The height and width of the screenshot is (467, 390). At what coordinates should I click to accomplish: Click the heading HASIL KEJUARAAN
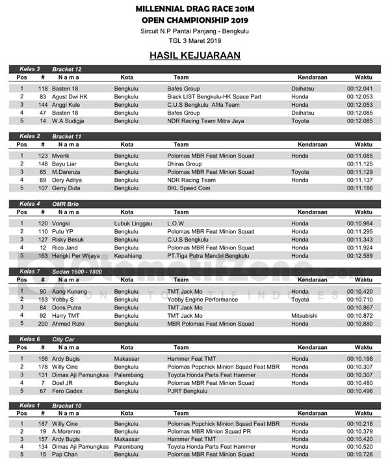coord(194,55)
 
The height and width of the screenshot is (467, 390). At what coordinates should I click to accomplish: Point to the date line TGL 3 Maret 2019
coord(194,40)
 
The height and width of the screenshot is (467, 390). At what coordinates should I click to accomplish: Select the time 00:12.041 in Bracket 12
coord(359,89)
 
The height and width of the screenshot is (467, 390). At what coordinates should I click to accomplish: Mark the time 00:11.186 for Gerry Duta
coord(359,188)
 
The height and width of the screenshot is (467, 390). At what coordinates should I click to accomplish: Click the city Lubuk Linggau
coord(133,223)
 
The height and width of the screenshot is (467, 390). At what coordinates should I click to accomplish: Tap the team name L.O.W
coord(176,223)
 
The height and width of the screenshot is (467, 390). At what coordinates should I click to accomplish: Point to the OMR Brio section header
coord(66,204)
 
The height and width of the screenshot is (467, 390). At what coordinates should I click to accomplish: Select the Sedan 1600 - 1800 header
coord(78,271)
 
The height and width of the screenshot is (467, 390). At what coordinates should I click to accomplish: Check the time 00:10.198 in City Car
coord(359,358)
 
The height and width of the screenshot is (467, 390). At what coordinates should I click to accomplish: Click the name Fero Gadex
coord(66,390)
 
